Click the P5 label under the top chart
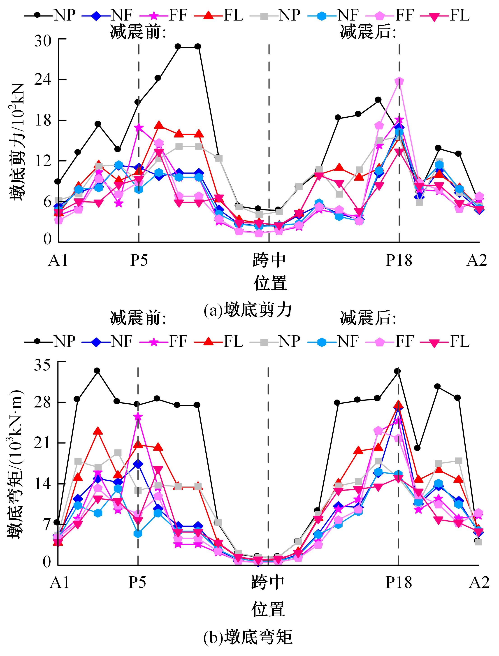pos(139,261)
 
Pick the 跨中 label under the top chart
pos(269,261)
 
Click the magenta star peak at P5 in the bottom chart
pos(138,416)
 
